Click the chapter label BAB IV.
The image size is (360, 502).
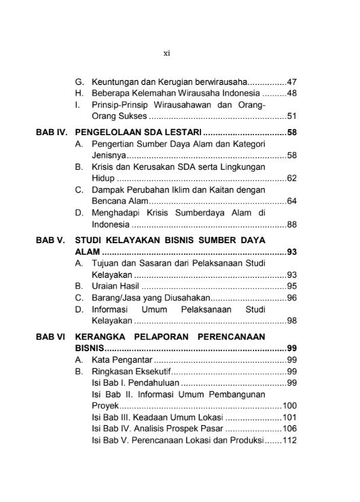tap(52, 132)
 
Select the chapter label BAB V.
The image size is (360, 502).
tap(50, 240)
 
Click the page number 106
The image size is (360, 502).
tap(290, 429)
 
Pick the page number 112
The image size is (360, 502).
tap(290, 442)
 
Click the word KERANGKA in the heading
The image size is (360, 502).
tap(101, 336)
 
